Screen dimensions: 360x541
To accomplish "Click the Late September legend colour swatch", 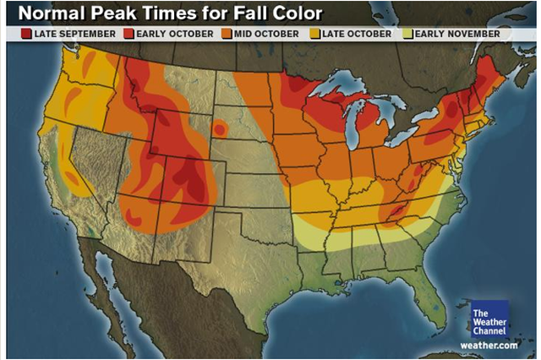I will click(27, 34).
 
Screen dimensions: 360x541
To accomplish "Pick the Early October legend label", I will click(170, 34).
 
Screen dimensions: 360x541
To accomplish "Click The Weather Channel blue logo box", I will click(489, 319).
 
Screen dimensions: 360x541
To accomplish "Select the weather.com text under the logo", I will click(489, 345).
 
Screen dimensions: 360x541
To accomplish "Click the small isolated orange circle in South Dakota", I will click(221, 129).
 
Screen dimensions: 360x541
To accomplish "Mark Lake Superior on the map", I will click(343, 85).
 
